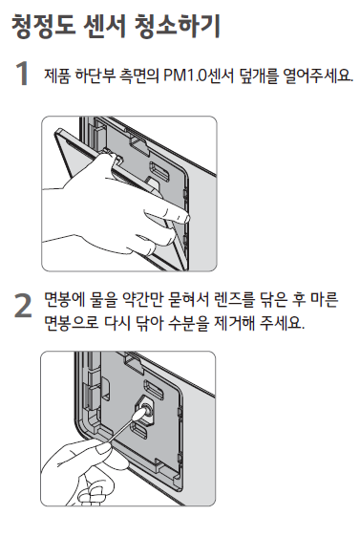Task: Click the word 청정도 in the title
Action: click(44, 26)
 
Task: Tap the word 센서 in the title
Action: click(104, 26)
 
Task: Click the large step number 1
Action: click(22, 74)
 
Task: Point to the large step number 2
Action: click(23, 306)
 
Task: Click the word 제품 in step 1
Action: click(56, 75)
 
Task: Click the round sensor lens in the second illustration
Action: click(146, 409)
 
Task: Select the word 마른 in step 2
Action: click(324, 299)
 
